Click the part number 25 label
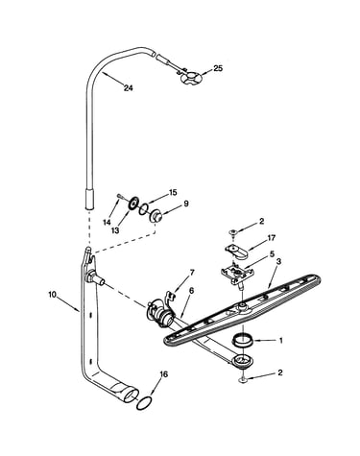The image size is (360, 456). (x=218, y=68)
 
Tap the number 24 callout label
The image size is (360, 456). (x=128, y=88)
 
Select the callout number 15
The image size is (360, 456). (x=173, y=193)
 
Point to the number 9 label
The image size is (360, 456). (x=186, y=204)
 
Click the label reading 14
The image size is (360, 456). (x=108, y=223)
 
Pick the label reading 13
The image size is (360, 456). (x=115, y=230)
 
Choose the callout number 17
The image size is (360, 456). (x=272, y=238)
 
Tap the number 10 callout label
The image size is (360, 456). (x=52, y=294)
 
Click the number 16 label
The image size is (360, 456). (x=163, y=374)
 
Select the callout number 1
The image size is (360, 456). (x=281, y=341)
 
